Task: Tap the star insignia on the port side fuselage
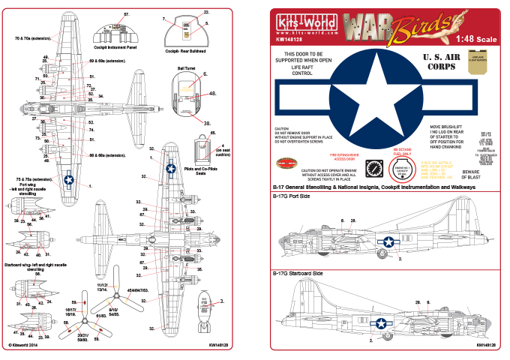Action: tap(389, 241)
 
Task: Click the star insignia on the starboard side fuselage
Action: tap(382, 322)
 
